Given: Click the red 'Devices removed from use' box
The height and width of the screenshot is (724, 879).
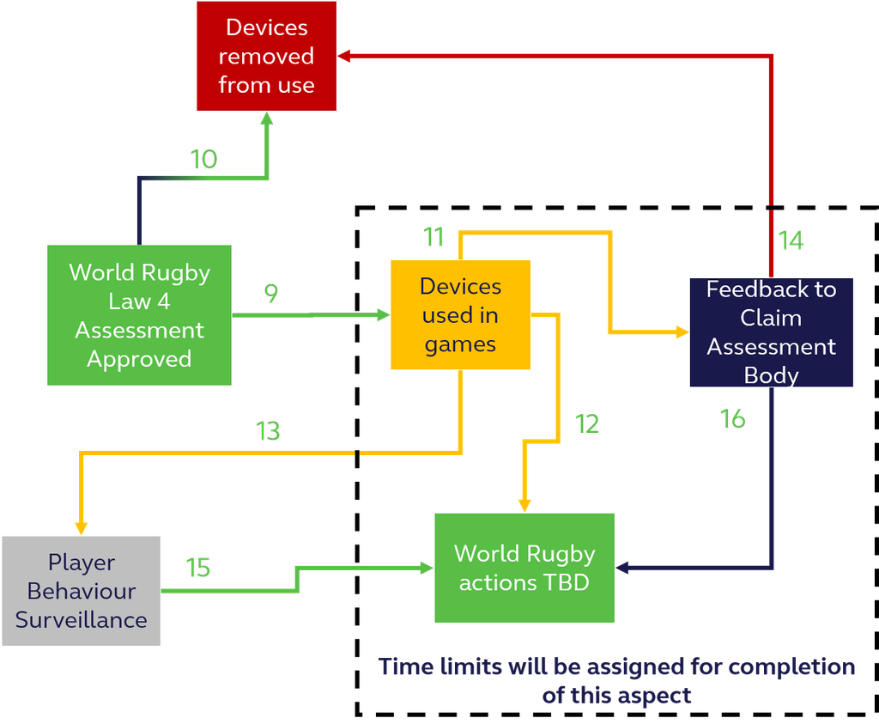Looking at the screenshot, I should pyautogui.click(x=266, y=57).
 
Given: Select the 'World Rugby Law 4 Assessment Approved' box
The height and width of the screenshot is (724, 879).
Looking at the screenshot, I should pyautogui.click(x=139, y=315).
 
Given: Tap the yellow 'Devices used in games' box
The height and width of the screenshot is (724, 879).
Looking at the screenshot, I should pyautogui.click(x=460, y=315).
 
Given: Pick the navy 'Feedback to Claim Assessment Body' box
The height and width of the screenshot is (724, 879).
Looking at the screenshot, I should pyautogui.click(x=771, y=332).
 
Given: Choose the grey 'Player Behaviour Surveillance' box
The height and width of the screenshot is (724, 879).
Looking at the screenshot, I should pyautogui.click(x=81, y=591).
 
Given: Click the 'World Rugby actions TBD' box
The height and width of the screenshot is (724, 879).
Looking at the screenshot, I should pyautogui.click(x=524, y=568).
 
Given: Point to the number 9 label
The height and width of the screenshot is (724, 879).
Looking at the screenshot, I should pyautogui.click(x=271, y=294).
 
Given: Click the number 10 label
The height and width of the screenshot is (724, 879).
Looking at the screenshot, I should pyautogui.click(x=203, y=160).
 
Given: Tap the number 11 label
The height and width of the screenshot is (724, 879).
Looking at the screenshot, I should pyautogui.click(x=433, y=237).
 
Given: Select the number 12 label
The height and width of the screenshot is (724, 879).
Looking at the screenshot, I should pyautogui.click(x=587, y=423).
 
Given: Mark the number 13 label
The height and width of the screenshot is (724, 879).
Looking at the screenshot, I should pyautogui.click(x=269, y=431).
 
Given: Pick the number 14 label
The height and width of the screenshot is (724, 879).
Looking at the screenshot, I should pyautogui.click(x=791, y=240).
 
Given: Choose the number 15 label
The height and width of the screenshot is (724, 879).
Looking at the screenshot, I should pyautogui.click(x=198, y=568).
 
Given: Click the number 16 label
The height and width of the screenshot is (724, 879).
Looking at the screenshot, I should pyautogui.click(x=733, y=419).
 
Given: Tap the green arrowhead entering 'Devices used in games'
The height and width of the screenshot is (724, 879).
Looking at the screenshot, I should pyautogui.click(x=382, y=315).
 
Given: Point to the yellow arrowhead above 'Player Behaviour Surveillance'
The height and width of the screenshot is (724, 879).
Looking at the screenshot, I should pyautogui.click(x=82, y=526).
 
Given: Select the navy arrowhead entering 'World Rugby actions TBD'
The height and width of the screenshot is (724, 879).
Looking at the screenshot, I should pyautogui.click(x=623, y=568).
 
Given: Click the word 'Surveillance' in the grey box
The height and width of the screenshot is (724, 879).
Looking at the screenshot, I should pyautogui.click(x=81, y=619).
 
